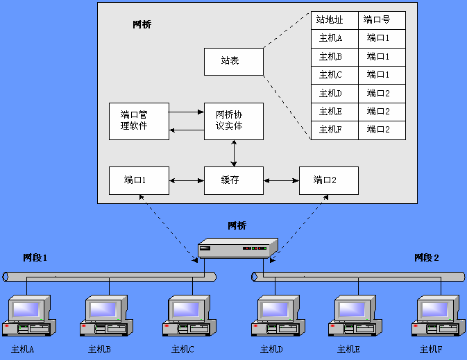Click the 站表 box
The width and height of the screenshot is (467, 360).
(234, 61)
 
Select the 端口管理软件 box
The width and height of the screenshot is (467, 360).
(139, 121)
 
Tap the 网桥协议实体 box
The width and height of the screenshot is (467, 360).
(234, 121)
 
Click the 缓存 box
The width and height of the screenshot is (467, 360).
(234, 180)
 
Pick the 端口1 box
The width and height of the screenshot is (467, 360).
(139, 180)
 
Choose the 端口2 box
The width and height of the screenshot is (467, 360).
(328, 180)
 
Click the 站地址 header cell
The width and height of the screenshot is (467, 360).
(334, 20)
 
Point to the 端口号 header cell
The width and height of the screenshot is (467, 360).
(382, 20)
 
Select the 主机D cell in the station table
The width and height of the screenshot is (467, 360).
(334, 93)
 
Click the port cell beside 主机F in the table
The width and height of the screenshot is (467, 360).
(382, 129)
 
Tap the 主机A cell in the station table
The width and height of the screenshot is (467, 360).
(334, 38)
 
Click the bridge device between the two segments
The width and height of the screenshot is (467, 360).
(237, 248)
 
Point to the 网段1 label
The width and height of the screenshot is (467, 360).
(35, 258)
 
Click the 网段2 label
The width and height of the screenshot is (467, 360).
(427, 258)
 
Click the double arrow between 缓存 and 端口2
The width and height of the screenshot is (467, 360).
(281, 181)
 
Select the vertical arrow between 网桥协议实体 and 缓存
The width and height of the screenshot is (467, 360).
(234, 153)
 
